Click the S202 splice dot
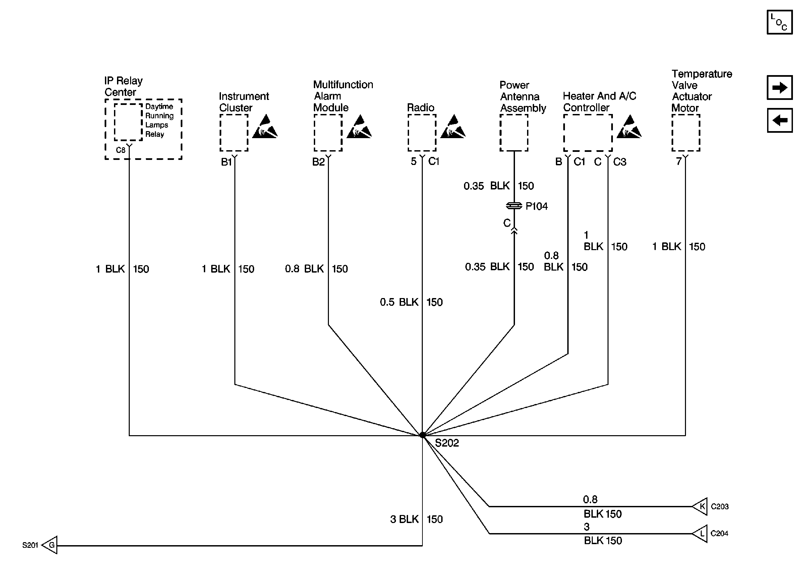tap(422, 435)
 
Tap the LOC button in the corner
tap(779, 22)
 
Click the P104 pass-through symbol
tap(514, 206)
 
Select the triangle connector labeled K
tap(700, 507)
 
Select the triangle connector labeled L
tap(700, 533)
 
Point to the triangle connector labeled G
tap(50, 545)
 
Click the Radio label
tap(420, 108)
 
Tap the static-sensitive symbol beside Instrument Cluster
tap(265, 127)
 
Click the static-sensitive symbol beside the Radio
tap(453, 127)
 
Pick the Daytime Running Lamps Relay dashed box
tap(128, 122)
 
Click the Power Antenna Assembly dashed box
tap(514, 133)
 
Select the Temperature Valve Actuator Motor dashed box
tap(685, 133)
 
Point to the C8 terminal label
tap(121, 150)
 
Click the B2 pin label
tap(318, 162)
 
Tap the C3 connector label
tap(620, 162)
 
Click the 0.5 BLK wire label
tap(399, 302)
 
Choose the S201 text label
tap(30, 545)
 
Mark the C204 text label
tap(719, 533)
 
